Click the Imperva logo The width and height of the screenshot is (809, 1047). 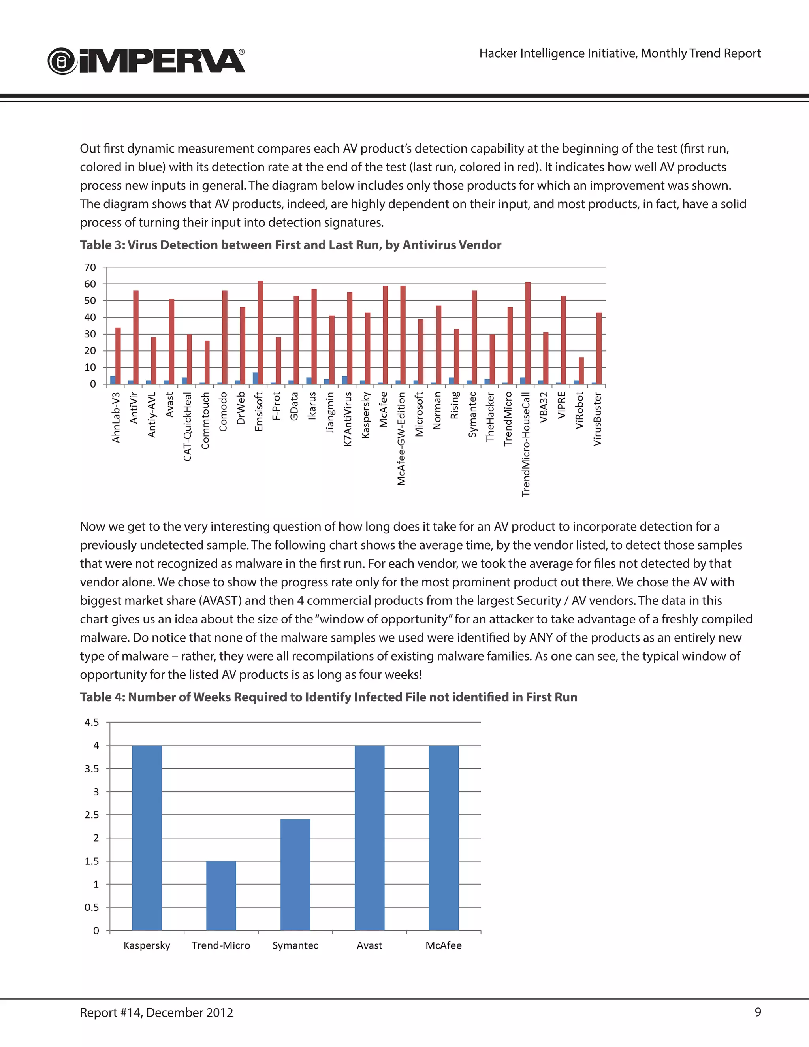coord(146,61)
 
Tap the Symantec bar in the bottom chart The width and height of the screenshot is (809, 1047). coord(295,874)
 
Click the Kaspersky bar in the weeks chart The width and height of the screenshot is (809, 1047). coord(147,838)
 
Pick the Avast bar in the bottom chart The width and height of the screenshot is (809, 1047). coord(369,838)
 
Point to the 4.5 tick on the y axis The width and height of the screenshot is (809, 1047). coord(92,722)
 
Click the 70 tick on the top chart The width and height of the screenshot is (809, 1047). coord(90,267)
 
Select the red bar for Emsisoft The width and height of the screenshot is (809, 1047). coord(261,332)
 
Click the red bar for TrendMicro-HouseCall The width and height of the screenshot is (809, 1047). coord(528,333)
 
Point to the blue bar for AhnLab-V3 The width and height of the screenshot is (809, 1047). coord(113,380)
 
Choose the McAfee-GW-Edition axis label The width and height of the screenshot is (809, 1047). coord(402,439)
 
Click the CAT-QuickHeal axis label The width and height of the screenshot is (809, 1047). coord(187,427)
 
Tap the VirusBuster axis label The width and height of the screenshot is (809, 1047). coord(597,419)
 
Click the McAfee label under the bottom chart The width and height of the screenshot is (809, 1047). coord(443,945)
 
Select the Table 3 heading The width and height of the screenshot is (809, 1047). coord(290,245)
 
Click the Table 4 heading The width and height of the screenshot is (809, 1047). coord(328,697)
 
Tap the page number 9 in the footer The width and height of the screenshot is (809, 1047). coord(758,1012)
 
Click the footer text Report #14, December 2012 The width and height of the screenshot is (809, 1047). coord(156,1013)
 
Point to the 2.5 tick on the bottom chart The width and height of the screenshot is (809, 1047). coord(92,815)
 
